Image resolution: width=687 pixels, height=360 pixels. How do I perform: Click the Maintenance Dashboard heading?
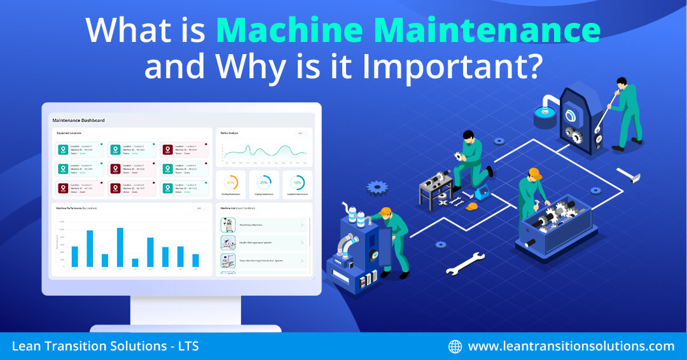(x=78, y=120)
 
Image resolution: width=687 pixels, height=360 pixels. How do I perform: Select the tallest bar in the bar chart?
(x=120, y=247)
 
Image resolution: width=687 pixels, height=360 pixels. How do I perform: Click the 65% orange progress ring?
(x=231, y=182)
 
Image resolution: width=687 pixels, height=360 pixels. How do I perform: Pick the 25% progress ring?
(x=264, y=182)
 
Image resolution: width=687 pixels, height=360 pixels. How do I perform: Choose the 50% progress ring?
(x=297, y=182)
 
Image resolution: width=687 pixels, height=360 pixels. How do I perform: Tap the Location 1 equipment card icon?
(x=63, y=149)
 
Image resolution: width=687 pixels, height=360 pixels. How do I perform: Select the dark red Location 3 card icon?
(x=168, y=149)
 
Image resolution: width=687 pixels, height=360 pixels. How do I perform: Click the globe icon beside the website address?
(x=455, y=347)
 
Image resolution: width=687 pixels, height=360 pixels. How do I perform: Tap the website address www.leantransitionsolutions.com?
(x=571, y=347)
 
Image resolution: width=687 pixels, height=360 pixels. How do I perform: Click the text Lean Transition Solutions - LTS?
(x=106, y=347)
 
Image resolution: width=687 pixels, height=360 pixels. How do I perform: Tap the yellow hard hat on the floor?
(x=471, y=206)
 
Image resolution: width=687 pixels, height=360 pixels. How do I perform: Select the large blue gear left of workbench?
(x=377, y=187)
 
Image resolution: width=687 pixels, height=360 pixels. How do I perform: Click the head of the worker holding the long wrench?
(x=621, y=83)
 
